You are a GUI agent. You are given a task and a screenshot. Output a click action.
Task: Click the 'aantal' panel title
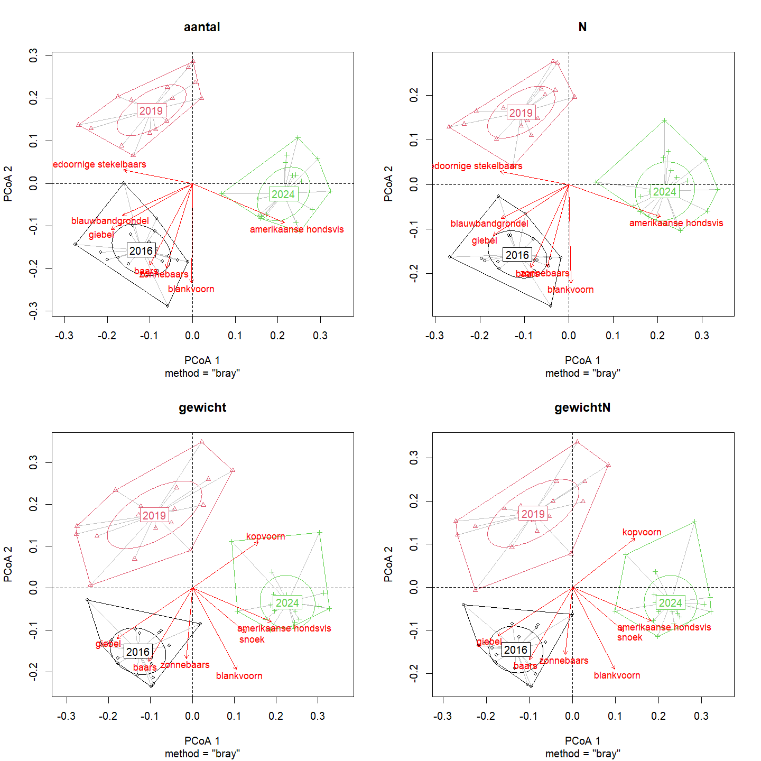pyautogui.click(x=202, y=27)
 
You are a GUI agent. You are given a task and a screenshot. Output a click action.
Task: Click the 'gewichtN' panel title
pyautogui.click(x=582, y=408)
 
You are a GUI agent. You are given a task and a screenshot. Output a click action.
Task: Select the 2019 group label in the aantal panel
pyautogui.click(x=151, y=111)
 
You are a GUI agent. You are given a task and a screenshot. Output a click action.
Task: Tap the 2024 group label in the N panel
pyautogui.click(x=664, y=192)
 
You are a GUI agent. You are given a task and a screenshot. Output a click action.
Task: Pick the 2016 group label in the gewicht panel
pyautogui.click(x=138, y=652)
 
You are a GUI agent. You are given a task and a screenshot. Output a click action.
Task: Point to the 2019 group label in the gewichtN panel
pyautogui.click(x=533, y=514)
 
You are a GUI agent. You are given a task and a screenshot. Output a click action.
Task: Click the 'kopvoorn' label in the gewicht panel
pyautogui.click(x=265, y=536)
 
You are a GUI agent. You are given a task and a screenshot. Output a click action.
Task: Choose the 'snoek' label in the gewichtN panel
pyautogui.click(x=629, y=637)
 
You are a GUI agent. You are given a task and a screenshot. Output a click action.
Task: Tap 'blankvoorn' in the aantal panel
pyautogui.click(x=191, y=289)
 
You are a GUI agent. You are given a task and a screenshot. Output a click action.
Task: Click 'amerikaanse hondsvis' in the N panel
pyautogui.click(x=676, y=223)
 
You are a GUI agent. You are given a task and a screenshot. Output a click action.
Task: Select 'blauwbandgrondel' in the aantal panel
pyautogui.click(x=110, y=221)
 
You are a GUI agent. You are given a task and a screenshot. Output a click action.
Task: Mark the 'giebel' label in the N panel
pyautogui.click(x=484, y=241)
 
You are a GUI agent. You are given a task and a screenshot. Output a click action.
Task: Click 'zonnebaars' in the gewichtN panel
pyautogui.click(x=563, y=661)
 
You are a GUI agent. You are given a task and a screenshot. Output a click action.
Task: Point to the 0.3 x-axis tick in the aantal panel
pyautogui.click(x=320, y=336)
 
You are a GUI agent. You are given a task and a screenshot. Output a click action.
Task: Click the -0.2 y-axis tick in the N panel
pyautogui.click(x=414, y=273)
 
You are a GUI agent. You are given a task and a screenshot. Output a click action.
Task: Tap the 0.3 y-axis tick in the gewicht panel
pyautogui.click(x=33, y=463)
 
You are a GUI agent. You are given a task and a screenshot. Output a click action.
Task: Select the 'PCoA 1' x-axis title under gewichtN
pyautogui.click(x=582, y=741)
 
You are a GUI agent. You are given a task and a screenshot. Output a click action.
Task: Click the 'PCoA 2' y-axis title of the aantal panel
pyautogui.click(x=8, y=184)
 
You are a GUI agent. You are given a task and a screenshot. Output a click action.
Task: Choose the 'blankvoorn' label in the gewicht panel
pyautogui.click(x=239, y=676)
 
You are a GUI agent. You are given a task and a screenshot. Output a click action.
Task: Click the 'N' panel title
pyautogui.click(x=582, y=27)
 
